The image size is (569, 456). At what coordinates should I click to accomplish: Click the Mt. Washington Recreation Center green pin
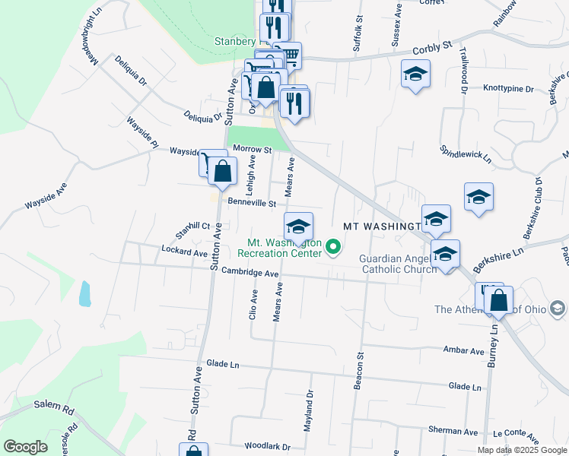[333, 247]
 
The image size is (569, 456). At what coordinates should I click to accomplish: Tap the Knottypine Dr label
[508, 89]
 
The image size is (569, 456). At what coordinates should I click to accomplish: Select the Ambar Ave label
[465, 351]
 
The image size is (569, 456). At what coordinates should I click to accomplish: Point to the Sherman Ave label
[453, 432]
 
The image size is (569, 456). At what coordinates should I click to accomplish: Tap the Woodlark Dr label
[267, 447]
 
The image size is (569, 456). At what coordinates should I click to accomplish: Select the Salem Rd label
[52, 407]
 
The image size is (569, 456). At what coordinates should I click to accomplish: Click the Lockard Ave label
[185, 251]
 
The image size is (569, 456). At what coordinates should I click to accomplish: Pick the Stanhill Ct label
[192, 226]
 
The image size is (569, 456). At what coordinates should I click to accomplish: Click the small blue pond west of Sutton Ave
[84, 293]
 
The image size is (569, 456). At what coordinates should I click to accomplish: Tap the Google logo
[25, 447]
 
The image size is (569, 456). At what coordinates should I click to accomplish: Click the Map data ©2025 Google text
[521, 450]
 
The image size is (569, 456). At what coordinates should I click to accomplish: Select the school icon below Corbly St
[415, 75]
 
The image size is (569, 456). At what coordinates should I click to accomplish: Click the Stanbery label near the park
[235, 41]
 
